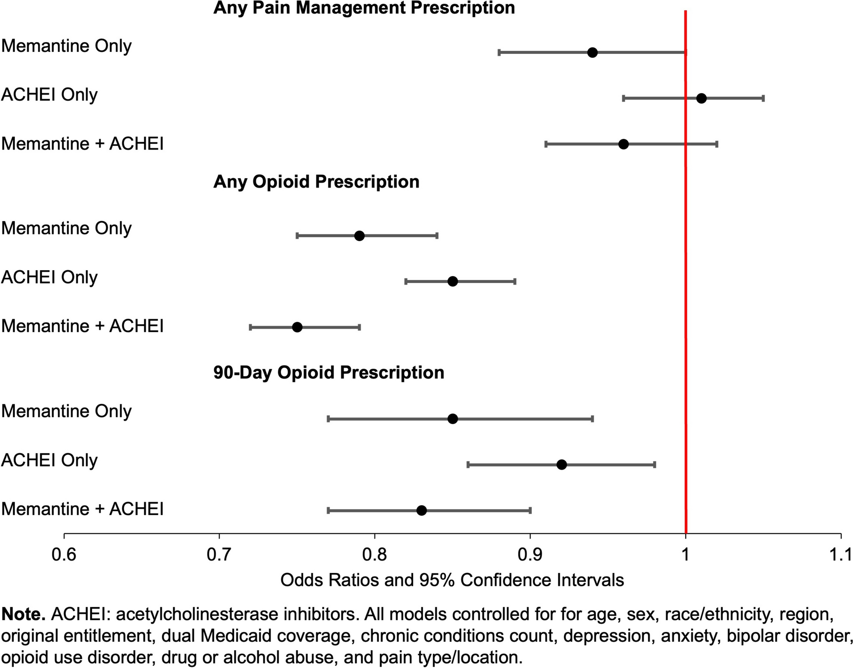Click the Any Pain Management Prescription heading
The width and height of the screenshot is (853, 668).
[364, 8]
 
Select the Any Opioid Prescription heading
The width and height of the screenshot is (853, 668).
[316, 182]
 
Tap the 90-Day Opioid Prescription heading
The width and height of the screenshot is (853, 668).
[329, 372]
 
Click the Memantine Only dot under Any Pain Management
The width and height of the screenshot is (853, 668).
[592, 52]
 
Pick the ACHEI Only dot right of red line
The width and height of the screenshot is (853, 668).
[701, 98]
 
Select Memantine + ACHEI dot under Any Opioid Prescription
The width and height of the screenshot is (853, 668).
[297, 327]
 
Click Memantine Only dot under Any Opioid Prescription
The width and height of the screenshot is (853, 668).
[360, 236]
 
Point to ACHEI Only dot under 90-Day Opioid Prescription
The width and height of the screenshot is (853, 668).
[562, 465]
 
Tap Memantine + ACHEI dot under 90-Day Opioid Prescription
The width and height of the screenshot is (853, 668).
[422, 510]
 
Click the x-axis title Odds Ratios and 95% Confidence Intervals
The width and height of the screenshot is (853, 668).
[452, 580]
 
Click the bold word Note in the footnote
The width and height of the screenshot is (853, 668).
[23, 614]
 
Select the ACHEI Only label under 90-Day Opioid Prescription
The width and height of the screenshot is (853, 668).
[49, 460]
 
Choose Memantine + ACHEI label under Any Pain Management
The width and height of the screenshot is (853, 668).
[82, 143]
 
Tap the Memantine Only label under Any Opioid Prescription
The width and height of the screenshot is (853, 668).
[66, 228]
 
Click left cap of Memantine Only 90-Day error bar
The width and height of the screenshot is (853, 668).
[329, 419]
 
